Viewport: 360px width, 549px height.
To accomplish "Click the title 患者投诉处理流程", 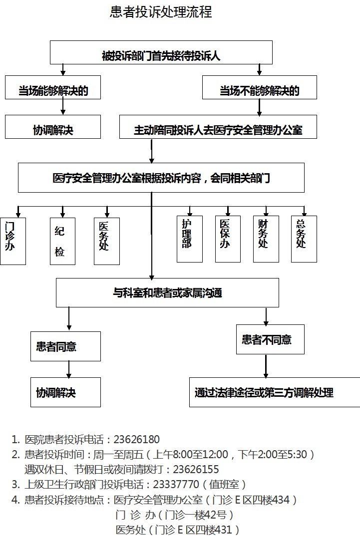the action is click(161, 12).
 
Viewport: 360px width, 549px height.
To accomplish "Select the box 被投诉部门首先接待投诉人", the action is click(161, 52).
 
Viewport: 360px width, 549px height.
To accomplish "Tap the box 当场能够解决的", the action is click(53, 87).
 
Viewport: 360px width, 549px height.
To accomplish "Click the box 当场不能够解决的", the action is click(260, 87).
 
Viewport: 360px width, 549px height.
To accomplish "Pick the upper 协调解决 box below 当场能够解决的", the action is click(53, 127).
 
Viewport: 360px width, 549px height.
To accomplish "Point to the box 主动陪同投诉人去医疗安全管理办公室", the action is click(218, 127).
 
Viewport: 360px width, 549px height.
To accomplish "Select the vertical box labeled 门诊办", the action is click(13, 241).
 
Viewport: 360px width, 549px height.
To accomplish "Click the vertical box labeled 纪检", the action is click(63, 241).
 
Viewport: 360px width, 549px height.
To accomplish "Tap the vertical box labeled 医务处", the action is click(107, 241).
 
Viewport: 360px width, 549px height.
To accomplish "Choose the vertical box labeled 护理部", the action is click(190, 239).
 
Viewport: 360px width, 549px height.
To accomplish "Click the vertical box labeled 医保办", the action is click(228, 239).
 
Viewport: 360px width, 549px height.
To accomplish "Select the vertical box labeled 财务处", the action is click(266, 239).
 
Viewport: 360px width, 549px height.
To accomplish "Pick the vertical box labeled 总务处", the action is click(304, 239).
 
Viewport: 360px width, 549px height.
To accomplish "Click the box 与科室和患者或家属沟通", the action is click(167, 292).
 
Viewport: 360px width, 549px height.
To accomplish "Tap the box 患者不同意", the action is click(270, 339).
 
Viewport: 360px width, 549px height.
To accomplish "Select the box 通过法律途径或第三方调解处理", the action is click(275, 392).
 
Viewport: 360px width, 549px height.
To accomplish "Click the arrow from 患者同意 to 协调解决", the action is click(68, 369).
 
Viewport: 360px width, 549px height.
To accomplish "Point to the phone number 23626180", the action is click(137, 439).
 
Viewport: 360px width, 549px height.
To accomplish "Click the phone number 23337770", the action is click(176, 484).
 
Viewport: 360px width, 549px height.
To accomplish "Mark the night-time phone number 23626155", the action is click(196, 469).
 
